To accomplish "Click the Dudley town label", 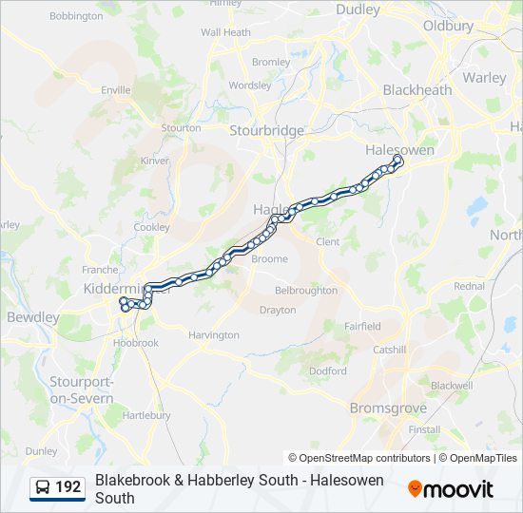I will [358, 9].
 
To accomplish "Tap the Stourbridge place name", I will [267, 130].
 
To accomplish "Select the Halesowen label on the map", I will [400, 150].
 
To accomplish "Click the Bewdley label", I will [33, 317].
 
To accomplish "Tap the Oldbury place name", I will [448, 26].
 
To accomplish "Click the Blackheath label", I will [416, 90].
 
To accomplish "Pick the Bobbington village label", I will [76, 16].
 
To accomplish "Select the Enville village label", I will [115, 90].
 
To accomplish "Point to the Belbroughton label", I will [305, 291].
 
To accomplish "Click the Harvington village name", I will [214, 335].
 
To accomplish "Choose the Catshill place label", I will [389, 350].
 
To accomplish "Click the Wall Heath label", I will [225, 32].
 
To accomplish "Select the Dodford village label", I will [328, 371].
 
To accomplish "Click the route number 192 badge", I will [68, 487].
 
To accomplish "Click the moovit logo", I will [451, 489].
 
